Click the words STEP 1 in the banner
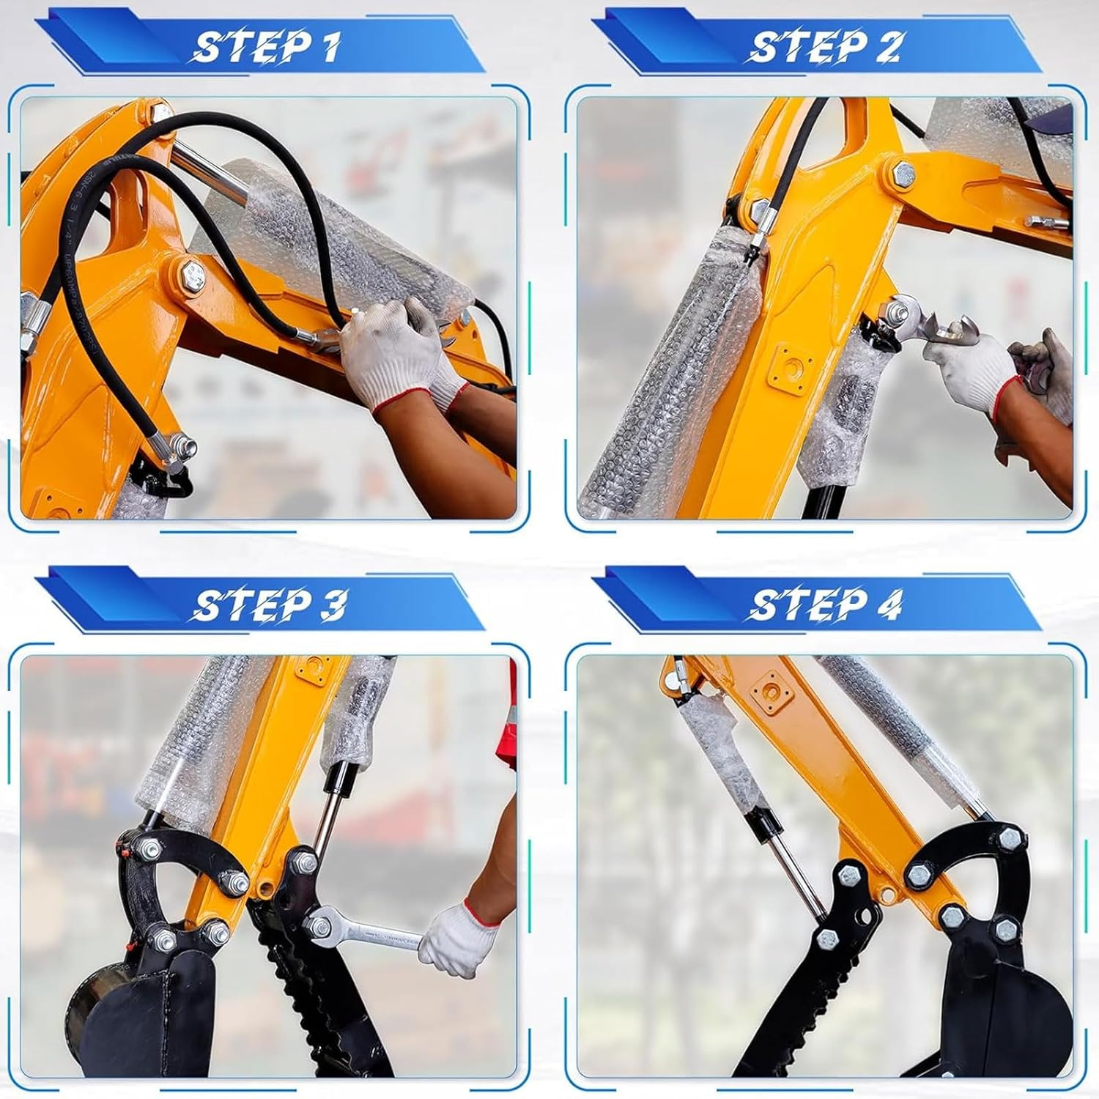tap(266, 47)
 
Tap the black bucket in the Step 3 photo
tap(139, 1011)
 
